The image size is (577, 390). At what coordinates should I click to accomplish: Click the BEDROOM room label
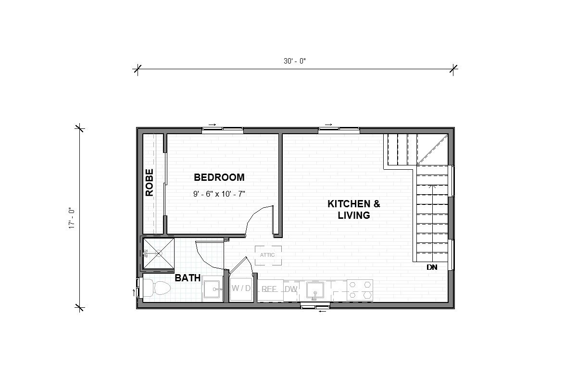[219, 177]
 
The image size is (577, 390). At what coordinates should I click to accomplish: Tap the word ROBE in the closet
[149, 182]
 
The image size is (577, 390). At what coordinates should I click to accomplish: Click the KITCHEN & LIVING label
[354, 209]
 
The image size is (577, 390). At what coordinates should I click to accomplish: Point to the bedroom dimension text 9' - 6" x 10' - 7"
[219, 195]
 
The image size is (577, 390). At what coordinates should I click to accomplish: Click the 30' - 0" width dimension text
[295, 61]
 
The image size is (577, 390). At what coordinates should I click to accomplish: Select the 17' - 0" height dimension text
[71, 218]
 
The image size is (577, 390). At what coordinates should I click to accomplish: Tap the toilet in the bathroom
[157, 288]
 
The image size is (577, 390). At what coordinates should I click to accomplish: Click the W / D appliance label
[241, 289]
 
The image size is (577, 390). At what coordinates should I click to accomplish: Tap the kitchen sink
[315, 290]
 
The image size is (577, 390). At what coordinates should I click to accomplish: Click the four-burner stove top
[360, 290]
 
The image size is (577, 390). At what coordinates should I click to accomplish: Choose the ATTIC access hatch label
[267, 255]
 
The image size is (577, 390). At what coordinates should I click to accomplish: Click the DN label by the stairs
[432, 267]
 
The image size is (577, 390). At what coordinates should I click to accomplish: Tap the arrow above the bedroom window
[212, 125]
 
